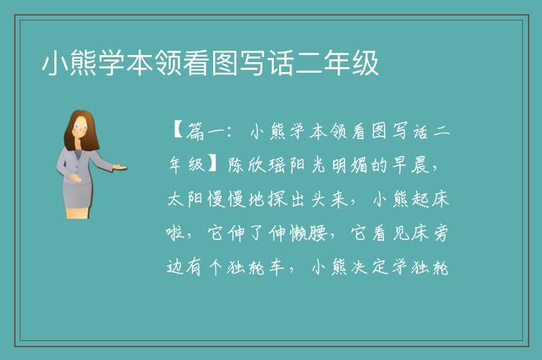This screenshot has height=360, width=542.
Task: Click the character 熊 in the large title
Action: click(x=84, y=63)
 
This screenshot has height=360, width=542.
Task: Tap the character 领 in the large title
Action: click(x=168, y=63)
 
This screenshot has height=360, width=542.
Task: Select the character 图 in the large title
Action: click(x=224, y=63)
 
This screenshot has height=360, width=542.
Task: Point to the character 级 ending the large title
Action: click(x=366, y=63)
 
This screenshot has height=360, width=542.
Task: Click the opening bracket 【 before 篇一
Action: click(x=177, y=131)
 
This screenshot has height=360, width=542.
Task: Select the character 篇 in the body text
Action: click(x=195, y=131)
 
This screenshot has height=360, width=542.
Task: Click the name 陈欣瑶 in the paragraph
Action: click(x=257, y=165)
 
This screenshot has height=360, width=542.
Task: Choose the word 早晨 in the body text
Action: click(x=410, y=165)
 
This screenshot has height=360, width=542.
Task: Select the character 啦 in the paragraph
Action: click(x=175, y=233)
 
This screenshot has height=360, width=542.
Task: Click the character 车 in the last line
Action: click(x=277, y=267)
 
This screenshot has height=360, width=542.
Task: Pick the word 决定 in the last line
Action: click(x=369, y=267)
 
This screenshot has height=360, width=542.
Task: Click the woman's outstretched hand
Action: click(x=120, y=167)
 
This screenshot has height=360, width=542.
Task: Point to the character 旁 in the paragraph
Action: click(x=440, y=233)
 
